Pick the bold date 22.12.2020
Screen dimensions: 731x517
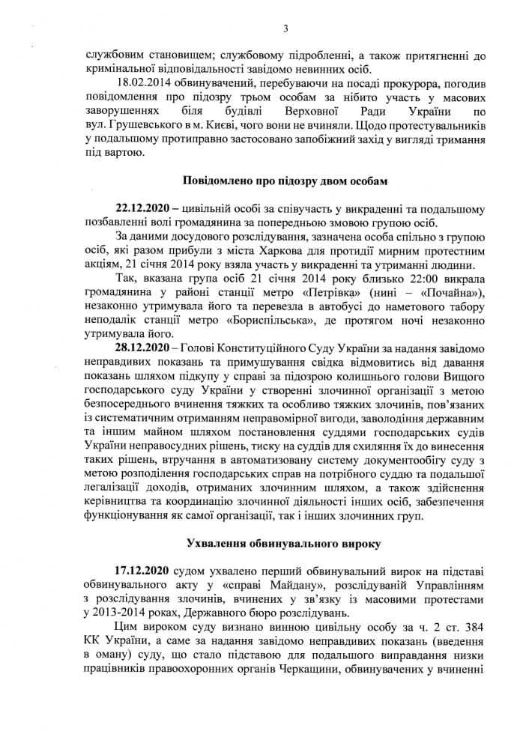pos(143,209)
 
